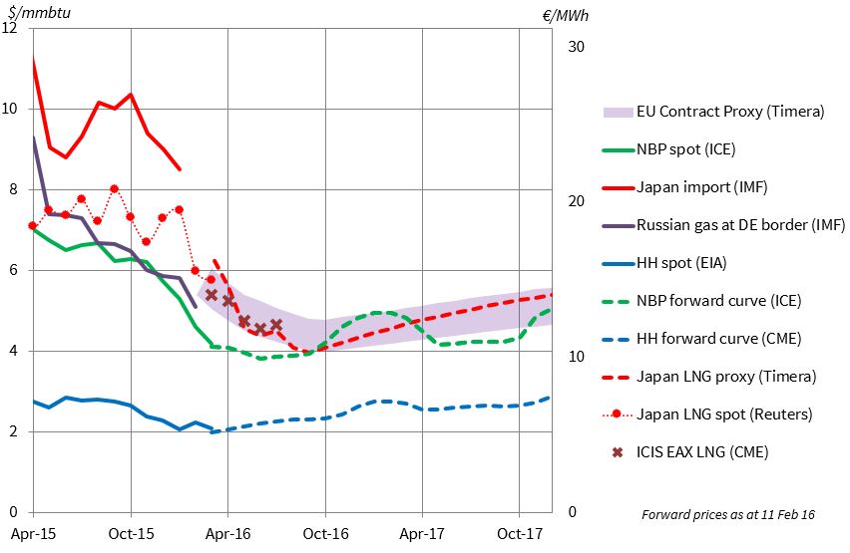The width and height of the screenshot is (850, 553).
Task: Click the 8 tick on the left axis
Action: pos(13,189)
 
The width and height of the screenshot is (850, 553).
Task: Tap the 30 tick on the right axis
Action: pos(576,47)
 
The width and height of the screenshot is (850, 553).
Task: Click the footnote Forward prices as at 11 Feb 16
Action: pos(727,515)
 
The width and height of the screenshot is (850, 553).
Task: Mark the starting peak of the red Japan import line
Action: pos(34,60)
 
